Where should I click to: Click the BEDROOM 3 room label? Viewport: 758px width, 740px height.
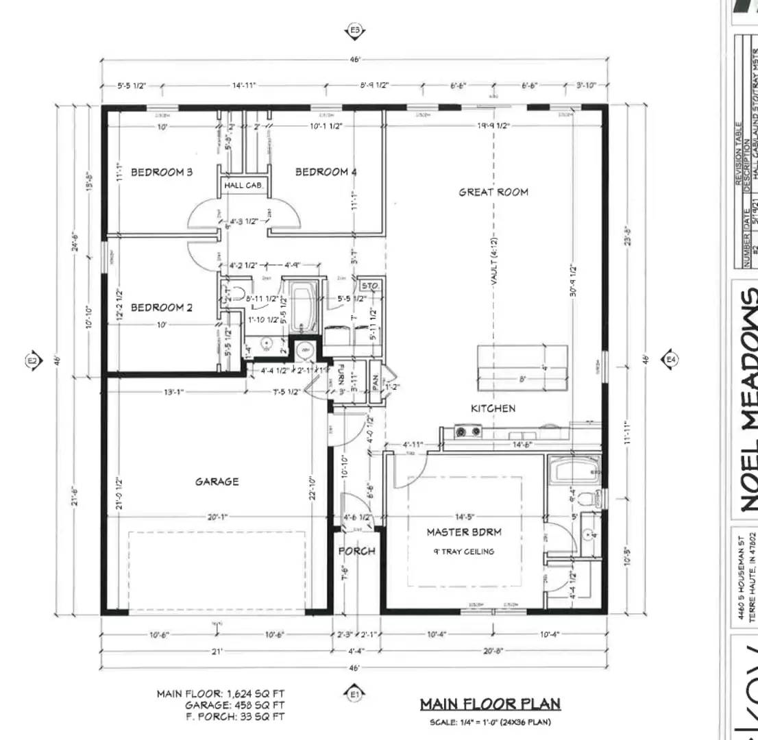pos(162,172)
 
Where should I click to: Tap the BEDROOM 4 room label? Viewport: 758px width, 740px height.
pos(326,172)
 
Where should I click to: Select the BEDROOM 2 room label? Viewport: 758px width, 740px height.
pos(162,308)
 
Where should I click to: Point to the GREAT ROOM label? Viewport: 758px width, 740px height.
pos(493,193)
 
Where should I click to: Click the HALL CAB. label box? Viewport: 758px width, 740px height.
pos(243,186)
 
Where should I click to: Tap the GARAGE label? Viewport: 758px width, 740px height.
pos(217,482)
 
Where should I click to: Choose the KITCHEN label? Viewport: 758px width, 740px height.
pos(493,408)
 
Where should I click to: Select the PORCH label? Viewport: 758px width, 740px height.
pos(357,551)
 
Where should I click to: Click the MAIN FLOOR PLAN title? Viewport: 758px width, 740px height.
pos(490,704)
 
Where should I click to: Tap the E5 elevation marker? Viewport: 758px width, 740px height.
pos(354,30)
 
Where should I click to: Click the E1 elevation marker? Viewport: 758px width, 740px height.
pos(354,695)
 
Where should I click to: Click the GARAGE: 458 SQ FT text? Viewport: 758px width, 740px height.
pos(234,704)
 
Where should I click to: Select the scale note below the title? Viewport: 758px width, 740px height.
pos(490,722)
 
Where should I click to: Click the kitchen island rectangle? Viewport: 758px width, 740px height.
pos(522,367)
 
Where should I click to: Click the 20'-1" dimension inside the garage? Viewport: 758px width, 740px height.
pos(217,517)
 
